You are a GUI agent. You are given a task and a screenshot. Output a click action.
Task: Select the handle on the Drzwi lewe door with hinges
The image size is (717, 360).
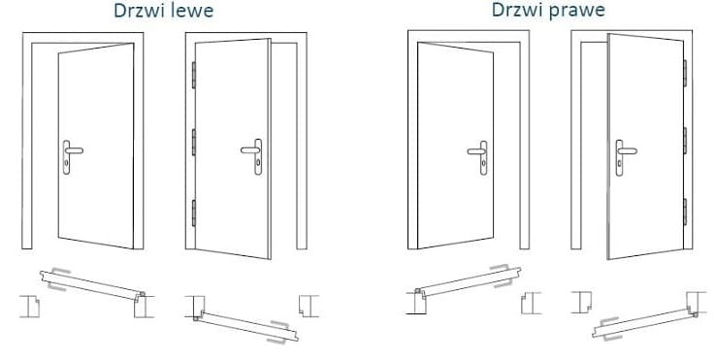[x=253, y=156]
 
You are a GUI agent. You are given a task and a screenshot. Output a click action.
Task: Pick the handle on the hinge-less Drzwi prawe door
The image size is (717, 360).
[x=478, y=157]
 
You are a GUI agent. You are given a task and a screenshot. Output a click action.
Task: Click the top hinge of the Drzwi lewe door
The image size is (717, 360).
[x=194, y=75]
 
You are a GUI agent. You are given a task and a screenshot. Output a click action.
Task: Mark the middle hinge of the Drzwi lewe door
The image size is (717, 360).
[x=194, y=143]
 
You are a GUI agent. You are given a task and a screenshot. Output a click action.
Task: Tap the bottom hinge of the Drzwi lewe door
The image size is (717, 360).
[x=194, y=213]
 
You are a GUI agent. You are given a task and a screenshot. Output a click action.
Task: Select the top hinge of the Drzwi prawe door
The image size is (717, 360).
[x=685, y=73]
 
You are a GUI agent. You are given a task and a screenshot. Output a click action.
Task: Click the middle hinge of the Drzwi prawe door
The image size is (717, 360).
[x=685, y=141]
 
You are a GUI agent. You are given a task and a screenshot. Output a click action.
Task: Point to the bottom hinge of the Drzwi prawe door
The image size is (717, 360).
[x=685, y=212]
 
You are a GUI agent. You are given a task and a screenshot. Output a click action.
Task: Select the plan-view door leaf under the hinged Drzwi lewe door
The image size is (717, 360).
[x=246, y=326]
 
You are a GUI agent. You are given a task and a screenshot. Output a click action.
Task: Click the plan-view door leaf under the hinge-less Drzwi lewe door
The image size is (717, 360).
[x=92, y=285]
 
